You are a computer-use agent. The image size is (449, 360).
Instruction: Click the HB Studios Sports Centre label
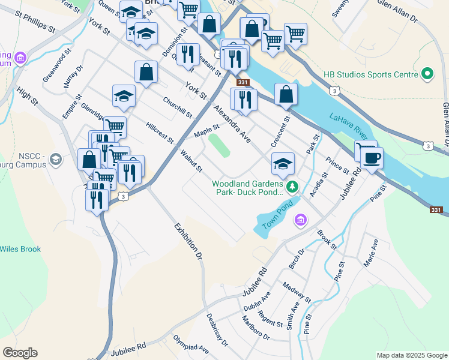point(370,75)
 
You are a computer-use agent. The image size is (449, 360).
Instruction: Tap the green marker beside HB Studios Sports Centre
point(427,75)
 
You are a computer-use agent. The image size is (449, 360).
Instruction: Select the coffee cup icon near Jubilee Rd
point(372,158)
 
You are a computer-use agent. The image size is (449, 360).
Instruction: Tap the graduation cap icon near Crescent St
point(283,163)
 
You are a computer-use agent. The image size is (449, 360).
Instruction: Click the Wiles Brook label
point(20,249)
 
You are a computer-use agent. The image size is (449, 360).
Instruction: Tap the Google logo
point(20,353)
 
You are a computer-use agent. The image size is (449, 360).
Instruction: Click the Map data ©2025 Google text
point(411,355)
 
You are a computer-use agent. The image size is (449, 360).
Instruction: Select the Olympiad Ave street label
point(191,346)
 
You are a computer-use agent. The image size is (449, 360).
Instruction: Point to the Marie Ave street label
point(371,253)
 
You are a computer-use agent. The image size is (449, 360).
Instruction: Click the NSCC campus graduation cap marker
point(56,159)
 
